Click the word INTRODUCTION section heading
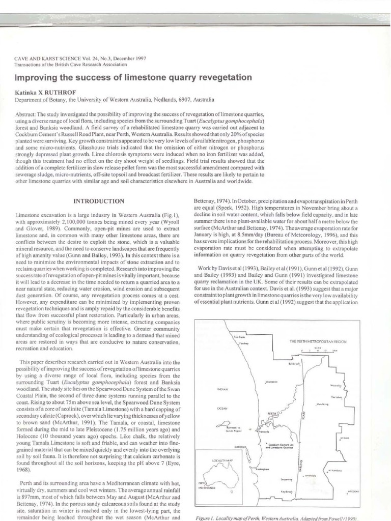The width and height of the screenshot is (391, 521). coord(99,201)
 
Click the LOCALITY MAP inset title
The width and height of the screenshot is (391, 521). coord(216,460)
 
